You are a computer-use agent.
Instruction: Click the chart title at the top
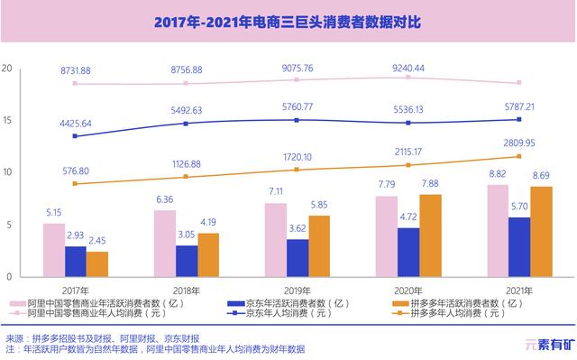tap(288, 21)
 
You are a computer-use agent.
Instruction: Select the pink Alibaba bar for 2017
tap(53, 250)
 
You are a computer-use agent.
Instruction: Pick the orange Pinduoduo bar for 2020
tap(431, 235)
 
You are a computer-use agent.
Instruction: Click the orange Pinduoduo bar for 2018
tap(208, 254)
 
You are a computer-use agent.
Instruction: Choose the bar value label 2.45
tap(97, 241)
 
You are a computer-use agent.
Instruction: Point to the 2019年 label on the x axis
tap(298, 291)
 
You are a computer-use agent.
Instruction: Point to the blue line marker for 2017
tap(75, 136)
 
